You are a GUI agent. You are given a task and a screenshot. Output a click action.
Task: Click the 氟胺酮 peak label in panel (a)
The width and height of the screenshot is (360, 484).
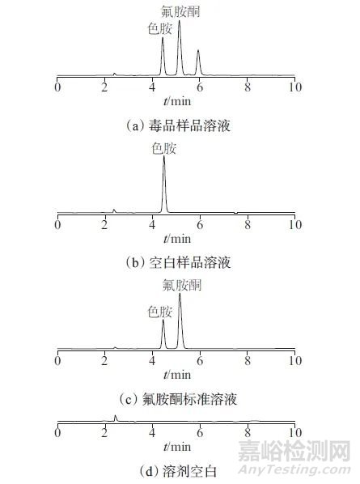[180, 11]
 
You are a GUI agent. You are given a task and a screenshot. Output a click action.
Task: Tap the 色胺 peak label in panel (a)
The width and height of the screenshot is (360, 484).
[160, 28]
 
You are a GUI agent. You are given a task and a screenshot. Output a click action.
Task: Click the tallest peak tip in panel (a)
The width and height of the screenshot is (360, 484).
[180, 20]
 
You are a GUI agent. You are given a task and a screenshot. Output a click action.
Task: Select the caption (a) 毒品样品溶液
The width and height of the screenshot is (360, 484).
[178, 126]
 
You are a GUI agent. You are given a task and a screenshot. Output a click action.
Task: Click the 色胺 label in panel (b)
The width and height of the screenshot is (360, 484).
[163, 148]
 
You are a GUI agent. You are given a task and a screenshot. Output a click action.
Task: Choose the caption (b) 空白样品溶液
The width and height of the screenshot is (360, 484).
[178, 263]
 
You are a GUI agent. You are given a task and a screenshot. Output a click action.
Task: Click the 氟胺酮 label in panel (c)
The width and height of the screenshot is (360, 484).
[182, 285]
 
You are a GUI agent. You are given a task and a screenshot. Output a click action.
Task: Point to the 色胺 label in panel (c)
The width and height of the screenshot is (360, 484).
[160, 312]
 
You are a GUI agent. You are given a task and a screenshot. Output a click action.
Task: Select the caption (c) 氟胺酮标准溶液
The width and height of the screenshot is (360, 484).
[178, 399]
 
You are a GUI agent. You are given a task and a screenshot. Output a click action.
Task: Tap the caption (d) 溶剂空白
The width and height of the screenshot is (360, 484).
[178, 471]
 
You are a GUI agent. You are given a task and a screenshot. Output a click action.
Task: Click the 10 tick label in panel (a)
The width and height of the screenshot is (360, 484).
[295, 87]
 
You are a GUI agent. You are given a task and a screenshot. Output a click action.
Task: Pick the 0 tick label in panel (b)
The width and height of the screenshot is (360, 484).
[57, 224]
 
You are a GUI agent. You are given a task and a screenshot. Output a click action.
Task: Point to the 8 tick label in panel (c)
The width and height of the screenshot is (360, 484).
[248, 360]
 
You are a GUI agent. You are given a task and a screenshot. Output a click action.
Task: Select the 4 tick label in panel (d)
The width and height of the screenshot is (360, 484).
[152, 433]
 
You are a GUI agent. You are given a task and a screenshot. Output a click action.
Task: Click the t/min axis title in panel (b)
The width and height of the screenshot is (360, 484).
[177, 239]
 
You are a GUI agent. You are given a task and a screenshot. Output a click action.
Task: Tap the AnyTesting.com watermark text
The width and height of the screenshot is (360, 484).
[294, 470]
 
